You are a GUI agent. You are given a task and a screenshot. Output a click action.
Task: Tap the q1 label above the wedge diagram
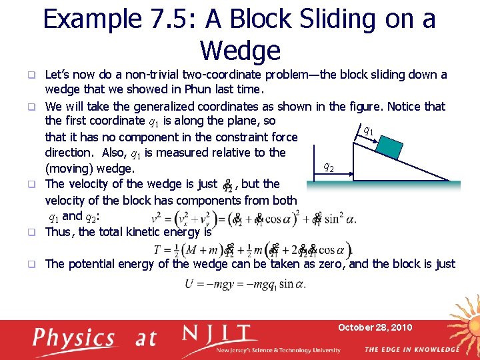tap(367, 131)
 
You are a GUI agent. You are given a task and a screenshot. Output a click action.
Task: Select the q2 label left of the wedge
tap(329, 167)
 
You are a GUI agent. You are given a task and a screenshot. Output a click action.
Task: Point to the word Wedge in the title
tap(240, 50)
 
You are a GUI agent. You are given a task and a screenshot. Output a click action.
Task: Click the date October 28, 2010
tap(375, 327)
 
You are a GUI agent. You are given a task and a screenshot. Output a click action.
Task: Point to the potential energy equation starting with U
tap(245, 285)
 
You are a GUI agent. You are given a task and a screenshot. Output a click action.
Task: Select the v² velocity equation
tap(253, 218)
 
